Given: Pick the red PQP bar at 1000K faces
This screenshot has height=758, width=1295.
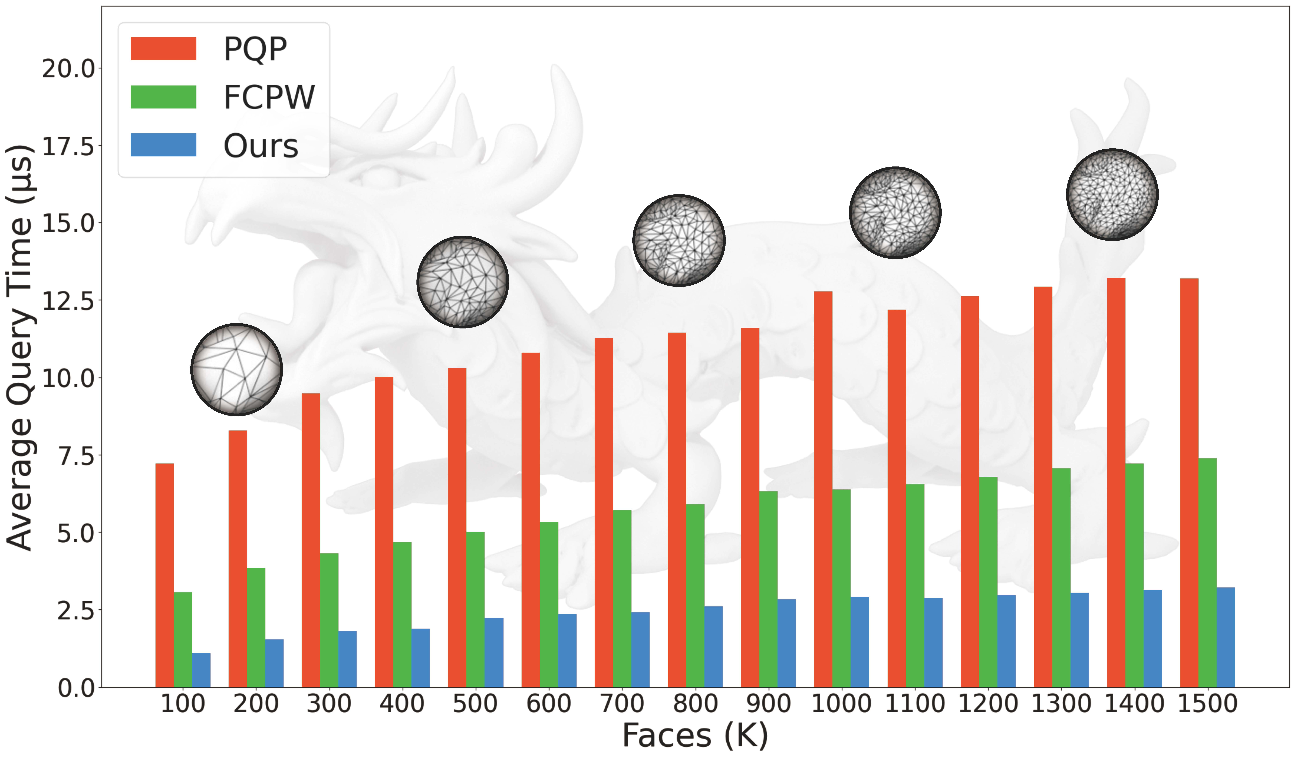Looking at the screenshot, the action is click(x=823, y=489).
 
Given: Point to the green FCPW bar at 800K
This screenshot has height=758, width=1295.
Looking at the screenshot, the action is click(x=695, y=596).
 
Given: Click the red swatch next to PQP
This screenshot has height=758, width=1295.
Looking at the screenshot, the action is click(x=163, y=49).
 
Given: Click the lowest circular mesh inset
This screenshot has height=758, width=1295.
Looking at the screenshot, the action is click(x=236, y=369).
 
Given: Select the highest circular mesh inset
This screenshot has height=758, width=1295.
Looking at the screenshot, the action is click(x=1112, y=195).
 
